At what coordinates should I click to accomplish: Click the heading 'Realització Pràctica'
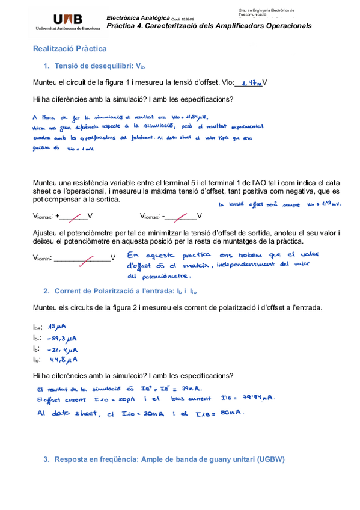[70, 48]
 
